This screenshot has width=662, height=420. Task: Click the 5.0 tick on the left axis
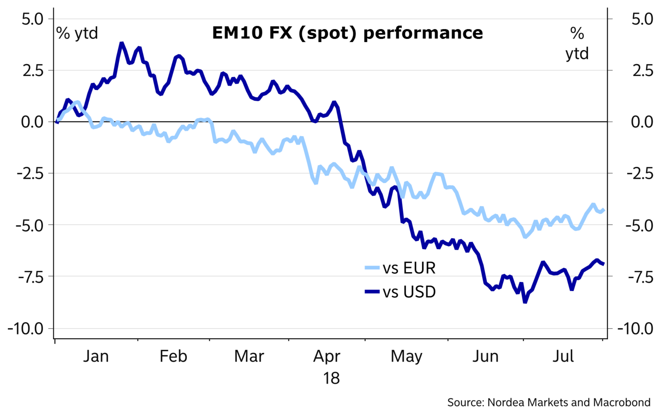click(32, 19)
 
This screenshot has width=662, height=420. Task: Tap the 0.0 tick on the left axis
click(32, 122)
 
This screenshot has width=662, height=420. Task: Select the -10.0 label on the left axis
click(26, 329)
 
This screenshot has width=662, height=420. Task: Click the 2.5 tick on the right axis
click(642, 71)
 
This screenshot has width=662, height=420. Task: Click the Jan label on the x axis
click(96, 357)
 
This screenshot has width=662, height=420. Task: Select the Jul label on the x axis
click(563, 357)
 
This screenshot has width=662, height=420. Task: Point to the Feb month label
click(173, 357)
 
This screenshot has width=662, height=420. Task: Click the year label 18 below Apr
click(331, 379)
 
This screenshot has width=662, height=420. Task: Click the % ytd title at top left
click(77, 34)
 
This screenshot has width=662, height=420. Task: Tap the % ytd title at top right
click(577, 44)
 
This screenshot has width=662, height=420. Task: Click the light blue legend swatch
click(372, 268)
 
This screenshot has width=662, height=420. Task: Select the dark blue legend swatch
click(372, 291)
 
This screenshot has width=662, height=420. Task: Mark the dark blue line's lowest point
click(525, 302)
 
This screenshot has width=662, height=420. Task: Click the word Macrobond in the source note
click(622, 403)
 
